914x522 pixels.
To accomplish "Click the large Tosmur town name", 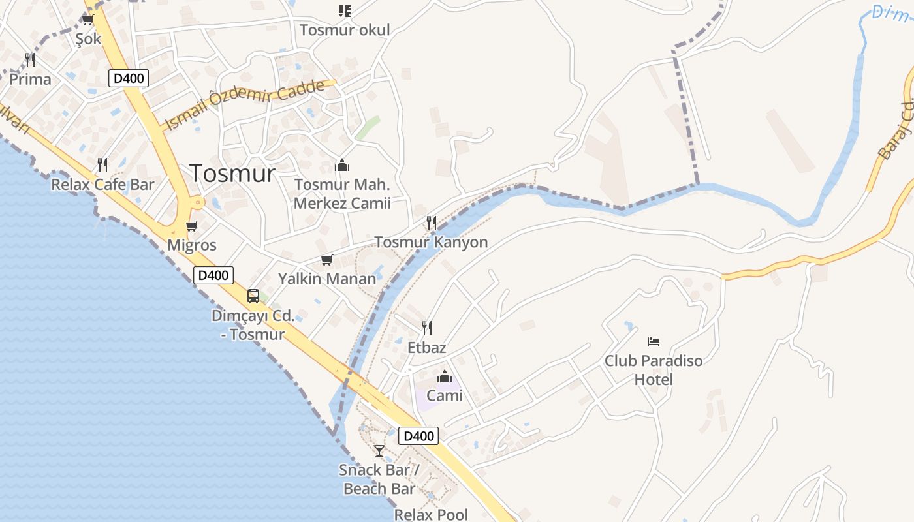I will click(232, 173).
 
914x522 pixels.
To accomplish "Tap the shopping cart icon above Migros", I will click(191, 226).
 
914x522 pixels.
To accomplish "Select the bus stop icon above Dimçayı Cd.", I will click(253, 296).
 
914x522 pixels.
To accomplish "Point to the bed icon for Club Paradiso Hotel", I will click(654, 341).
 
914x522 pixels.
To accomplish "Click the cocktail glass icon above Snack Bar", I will click(379, 450).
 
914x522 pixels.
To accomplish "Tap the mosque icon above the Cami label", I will click(445, 376).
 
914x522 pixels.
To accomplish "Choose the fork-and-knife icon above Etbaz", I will click(427, 328).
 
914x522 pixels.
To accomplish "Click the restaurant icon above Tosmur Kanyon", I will click(431, 223).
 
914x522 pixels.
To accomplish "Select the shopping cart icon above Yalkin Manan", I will click(327, 260).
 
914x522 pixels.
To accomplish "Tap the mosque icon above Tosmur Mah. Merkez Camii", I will click(341, 165).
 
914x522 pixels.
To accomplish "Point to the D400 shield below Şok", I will click(129, 79).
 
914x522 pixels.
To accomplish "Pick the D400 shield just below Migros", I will click(213, 275).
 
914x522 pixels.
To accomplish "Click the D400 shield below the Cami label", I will click(418, 436).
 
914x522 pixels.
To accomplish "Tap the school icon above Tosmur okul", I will click(344, 11).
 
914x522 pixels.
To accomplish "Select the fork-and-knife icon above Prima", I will click(30, 60).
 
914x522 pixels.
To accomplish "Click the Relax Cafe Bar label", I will click(102, 185).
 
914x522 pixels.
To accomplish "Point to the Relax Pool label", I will click(431, 514).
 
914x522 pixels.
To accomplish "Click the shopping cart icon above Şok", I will click(88, 20).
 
